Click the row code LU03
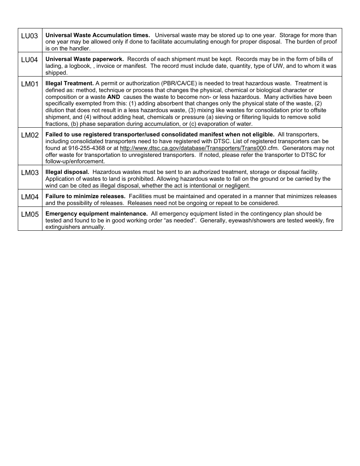pyautogui.click(x=30, y=36)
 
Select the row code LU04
pyautogui.click(x=30, y=60)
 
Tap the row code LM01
pyautogui.click(x=30, y=84)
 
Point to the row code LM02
pyautogui.click(x=30, y=135)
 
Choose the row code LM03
pyautogui.click(x=30, y=173)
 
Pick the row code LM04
pyautogui.click(x=30, y=197)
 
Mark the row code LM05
pyautogui.click(x=30, y=214)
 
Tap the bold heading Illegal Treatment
pyautogui.click(x=69, y=83)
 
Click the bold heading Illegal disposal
pyautogui.click(x=67, y=172)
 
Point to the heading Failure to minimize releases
pyautogui.click(x=85, y=196)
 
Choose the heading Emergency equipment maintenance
pyautogui.click(x=96, y=214)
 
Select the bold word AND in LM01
pyautogui.click(x=113, y=97)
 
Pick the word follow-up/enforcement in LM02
pyautogui.click(x=75, y=161)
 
